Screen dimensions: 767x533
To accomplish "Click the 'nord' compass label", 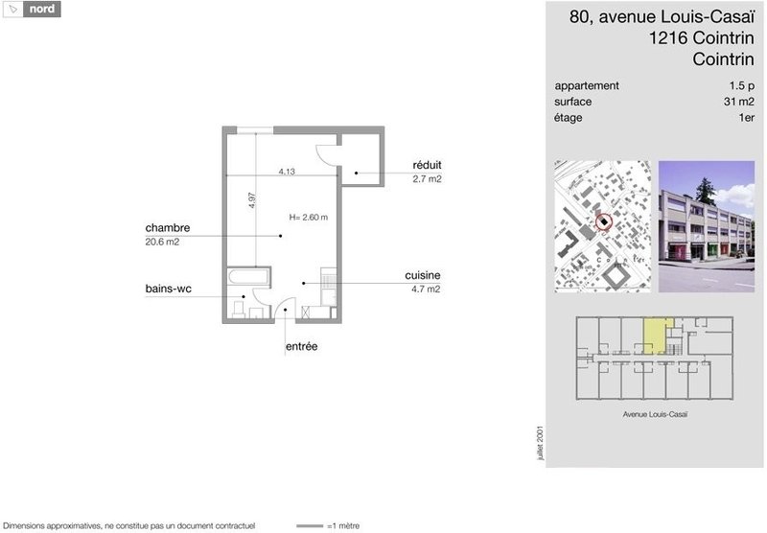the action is point(42,9).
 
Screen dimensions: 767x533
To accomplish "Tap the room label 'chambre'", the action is point(167,228).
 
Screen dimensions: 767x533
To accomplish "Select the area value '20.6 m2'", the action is point(162,242).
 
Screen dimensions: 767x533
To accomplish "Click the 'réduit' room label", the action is point(427,165).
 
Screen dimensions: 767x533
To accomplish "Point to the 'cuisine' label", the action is point(423,275).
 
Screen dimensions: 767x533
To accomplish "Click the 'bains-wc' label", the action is point(169,289).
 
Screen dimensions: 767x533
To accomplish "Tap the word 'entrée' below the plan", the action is point(301,346).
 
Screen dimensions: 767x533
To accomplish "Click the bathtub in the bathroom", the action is point(248,277).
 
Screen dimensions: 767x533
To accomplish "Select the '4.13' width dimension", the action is point(287,172).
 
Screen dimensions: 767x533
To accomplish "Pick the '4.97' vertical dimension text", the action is point(252,200).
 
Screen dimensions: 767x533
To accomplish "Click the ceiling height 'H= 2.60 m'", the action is point(308,217).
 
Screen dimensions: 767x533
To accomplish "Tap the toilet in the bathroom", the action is point(239,309).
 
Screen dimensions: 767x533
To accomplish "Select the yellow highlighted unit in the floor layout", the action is point(655,336).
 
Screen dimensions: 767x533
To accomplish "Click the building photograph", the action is point(707,226).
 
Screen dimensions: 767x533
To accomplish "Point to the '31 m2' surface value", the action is point(738,102).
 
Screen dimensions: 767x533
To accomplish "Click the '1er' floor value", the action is point(747,118).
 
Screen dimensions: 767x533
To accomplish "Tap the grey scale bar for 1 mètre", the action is point(310,526).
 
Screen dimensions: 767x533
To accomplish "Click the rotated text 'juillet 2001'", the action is point(540,443).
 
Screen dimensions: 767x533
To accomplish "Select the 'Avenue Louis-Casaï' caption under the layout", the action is point(655,414).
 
